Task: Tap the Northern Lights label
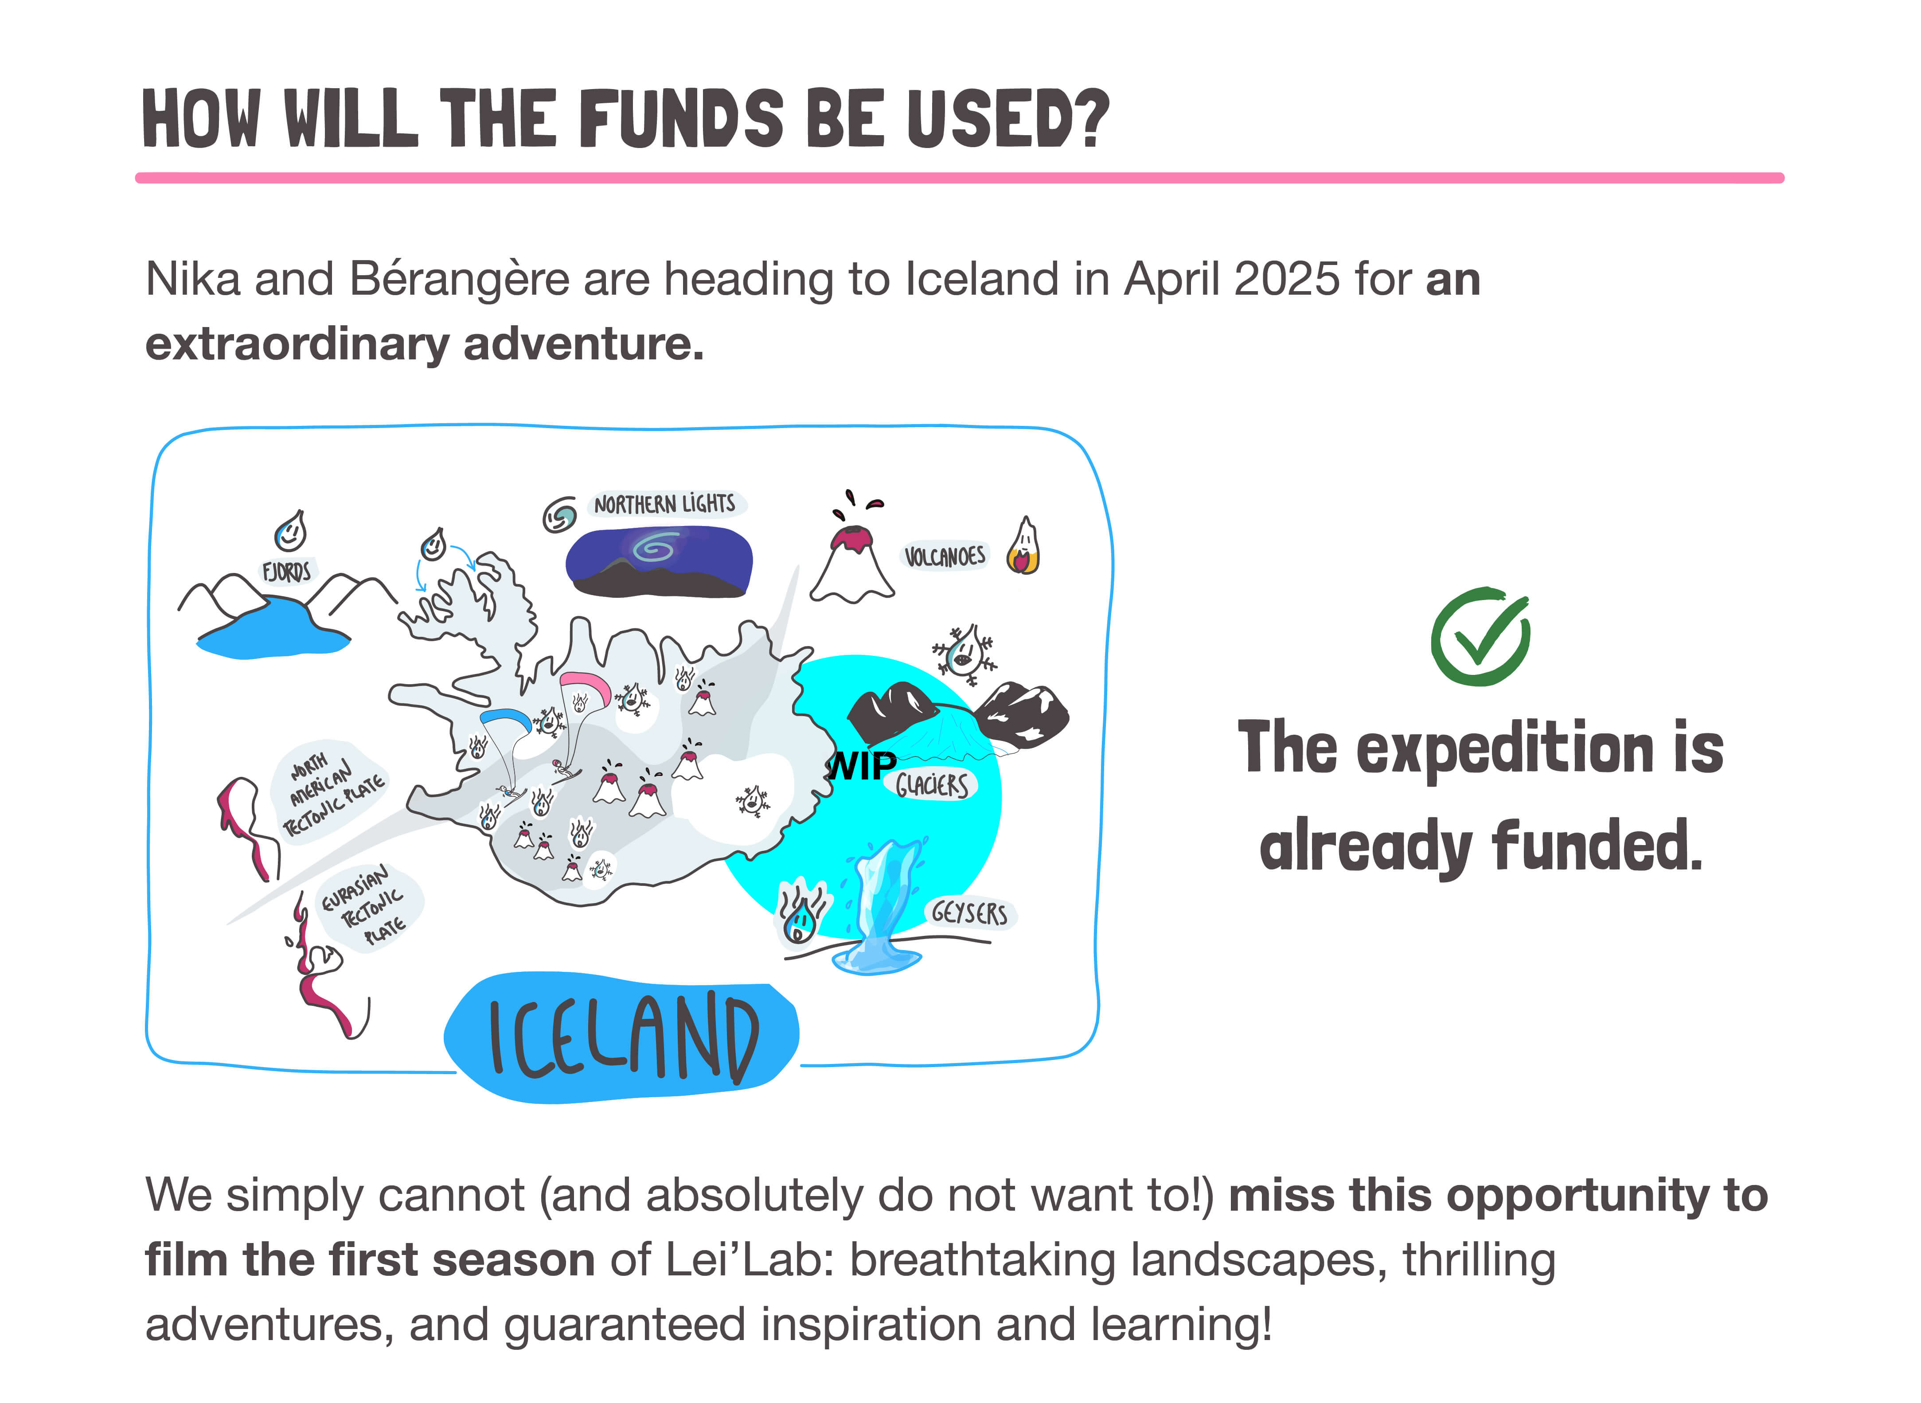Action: (664, 504)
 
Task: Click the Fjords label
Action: (286, 572)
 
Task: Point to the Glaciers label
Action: (932, 785)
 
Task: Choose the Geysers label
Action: (969, 914)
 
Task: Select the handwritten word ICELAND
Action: (622, 1038)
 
